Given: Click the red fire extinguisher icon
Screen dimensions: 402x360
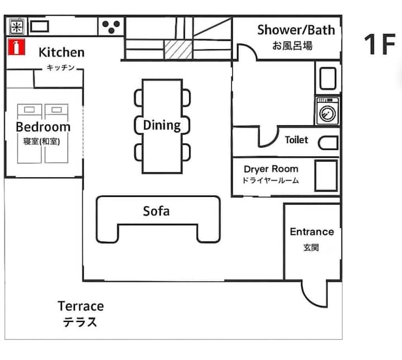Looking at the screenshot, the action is point(16,47).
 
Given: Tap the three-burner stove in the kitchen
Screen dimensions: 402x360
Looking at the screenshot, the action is point(111,26).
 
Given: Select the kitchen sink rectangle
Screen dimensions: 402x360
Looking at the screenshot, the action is point(40,26).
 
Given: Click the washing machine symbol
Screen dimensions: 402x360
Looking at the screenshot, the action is point(328,111).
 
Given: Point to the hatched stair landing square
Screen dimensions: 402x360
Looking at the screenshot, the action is point(178,49).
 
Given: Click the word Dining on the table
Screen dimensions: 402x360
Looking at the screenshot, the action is point(162,126).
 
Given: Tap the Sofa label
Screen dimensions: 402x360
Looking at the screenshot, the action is point(156,211).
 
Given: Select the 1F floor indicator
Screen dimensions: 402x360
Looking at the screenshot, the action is point(380,44).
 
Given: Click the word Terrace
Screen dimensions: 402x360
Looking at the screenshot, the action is point(81,306).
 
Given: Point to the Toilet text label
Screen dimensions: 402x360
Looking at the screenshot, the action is point(296,140).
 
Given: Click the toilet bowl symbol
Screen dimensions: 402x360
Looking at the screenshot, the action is point(328,143).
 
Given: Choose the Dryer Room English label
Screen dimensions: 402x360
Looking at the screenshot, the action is point(271,169).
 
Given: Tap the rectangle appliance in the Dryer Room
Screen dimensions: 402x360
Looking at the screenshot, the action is point(326,176).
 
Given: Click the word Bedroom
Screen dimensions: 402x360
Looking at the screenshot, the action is point(43,127).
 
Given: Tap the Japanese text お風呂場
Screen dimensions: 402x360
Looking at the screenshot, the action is point(292,46).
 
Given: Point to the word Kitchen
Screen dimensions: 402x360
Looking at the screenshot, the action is point(61,53).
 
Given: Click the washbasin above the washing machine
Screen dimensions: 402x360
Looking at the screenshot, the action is point(328,78).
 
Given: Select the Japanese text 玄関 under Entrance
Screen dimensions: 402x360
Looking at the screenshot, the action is point(311,248).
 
